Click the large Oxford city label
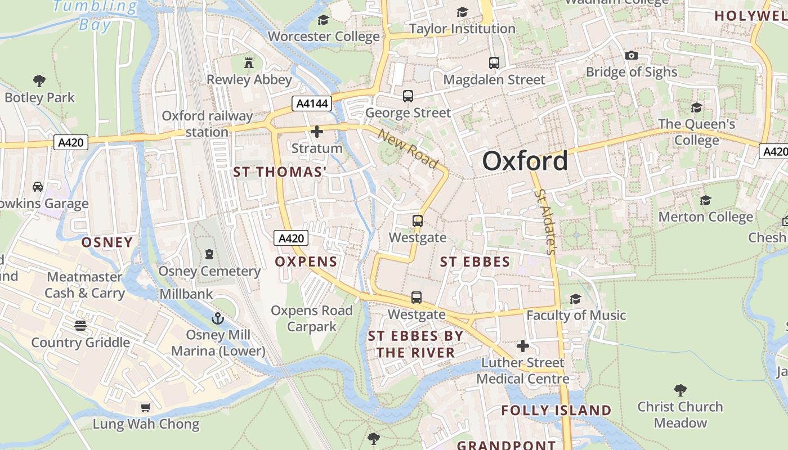click(525, 161)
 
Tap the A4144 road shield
click(311, 103)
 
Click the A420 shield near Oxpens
click(292, 238)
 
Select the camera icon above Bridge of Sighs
click(632, 55)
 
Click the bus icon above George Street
click(408, 96)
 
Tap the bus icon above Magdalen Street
click(494, 63)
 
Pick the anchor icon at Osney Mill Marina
click(218, 319)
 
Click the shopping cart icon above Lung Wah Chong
click(146, 407)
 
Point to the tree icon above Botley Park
click(39, 81)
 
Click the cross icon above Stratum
click(317, 132)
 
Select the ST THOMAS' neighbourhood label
click(280, 172)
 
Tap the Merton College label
click(705, 217)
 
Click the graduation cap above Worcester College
click(323, 20)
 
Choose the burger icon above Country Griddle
click(80, 326)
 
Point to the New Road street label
click(408, 149)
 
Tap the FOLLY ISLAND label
click(556, 411)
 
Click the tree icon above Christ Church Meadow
click(680, 390)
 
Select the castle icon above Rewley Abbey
click(249, 63)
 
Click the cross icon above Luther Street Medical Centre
click(523, 346)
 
